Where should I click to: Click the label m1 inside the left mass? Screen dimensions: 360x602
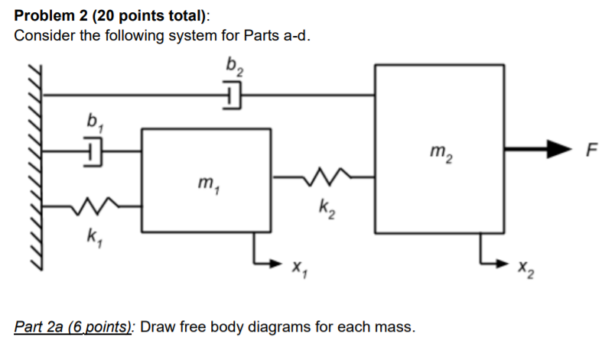coord(205,185)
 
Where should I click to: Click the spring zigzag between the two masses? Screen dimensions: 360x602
coord(323,177)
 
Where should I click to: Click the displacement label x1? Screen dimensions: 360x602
coord(298,268)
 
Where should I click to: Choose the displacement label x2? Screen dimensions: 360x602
coord(522,268)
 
